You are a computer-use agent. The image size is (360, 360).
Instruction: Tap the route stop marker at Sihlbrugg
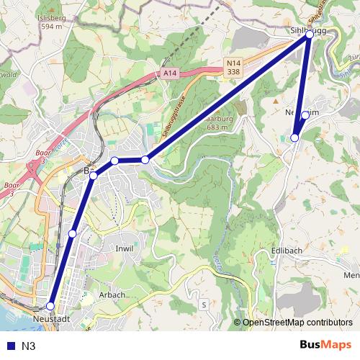click(310, 34)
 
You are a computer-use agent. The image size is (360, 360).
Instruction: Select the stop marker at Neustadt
click(50, 306)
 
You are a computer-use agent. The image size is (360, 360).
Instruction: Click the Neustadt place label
click(51, 318)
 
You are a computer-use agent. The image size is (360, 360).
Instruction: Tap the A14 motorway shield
click(169, 73)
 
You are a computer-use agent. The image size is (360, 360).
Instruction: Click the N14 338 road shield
click(232, 68)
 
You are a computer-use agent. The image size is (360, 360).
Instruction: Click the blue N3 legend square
click(9, 346)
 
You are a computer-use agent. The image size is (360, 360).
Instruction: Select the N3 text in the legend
click(28, 346)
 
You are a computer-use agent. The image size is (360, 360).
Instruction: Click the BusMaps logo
click(325, 345)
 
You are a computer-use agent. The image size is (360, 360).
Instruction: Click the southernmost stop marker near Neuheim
click(294, 138)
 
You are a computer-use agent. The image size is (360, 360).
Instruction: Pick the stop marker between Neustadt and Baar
click(72, 233)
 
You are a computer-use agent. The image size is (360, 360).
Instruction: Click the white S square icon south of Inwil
click(204, 305)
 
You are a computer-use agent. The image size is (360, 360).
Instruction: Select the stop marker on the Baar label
click(93, 175)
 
